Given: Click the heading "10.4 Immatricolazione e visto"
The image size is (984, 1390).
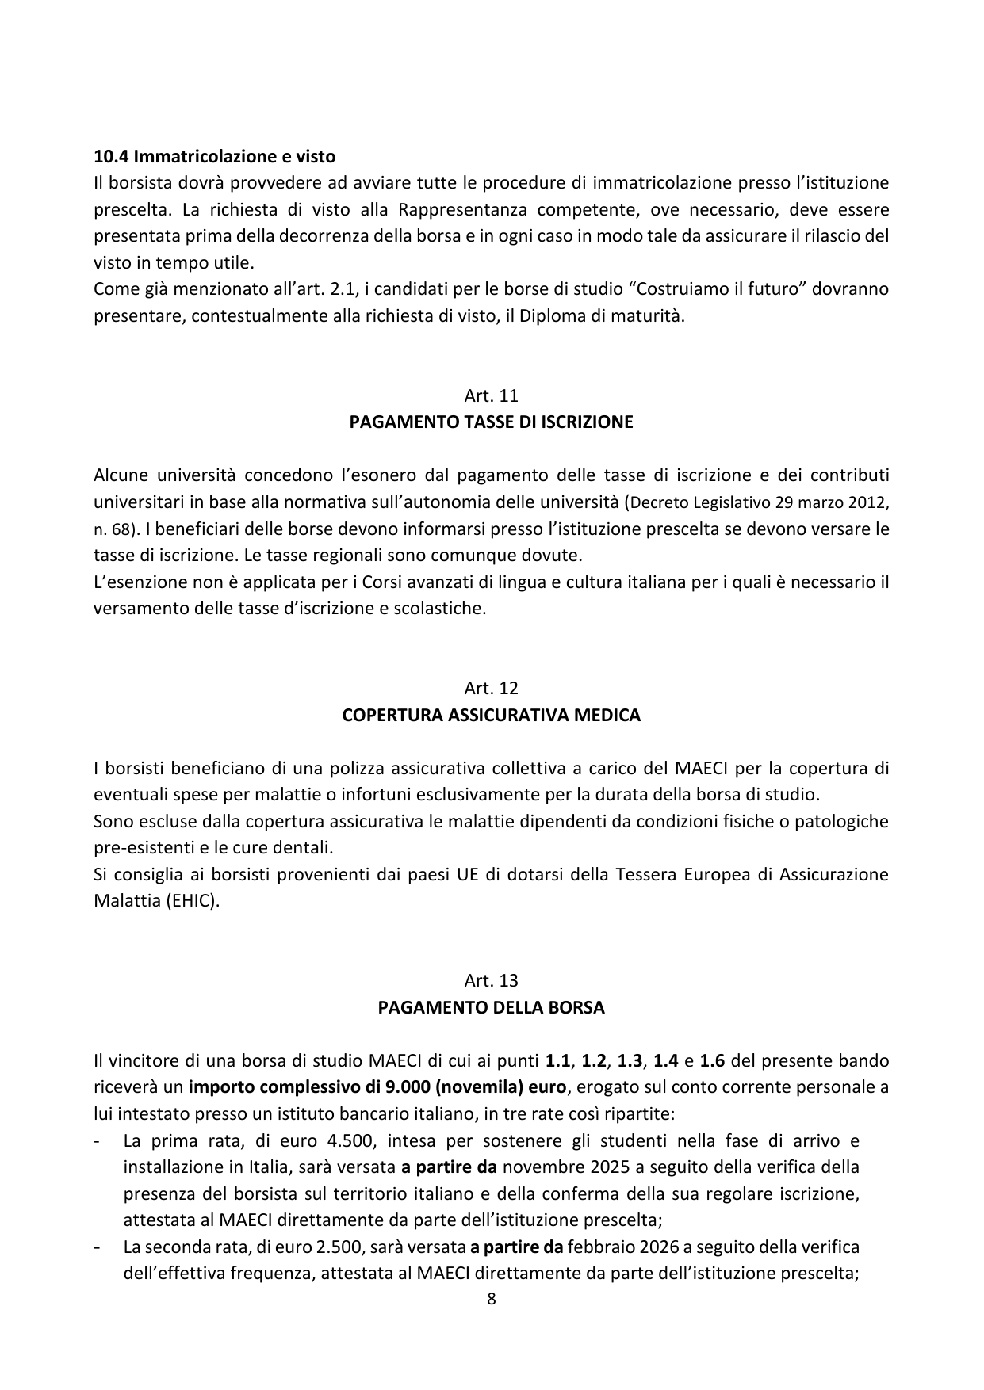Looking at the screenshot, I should (214, 156).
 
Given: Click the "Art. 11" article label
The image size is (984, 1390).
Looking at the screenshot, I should (492, 395).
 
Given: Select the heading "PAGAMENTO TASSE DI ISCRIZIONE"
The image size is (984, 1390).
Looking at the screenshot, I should (492, 422).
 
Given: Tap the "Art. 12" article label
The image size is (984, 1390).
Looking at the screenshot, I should (492, 688).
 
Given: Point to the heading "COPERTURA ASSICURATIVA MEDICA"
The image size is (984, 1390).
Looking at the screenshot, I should (492, 715).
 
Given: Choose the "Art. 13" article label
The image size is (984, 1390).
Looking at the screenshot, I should (492, 980).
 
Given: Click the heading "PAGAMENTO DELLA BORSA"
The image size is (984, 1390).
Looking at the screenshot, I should (492, 1008).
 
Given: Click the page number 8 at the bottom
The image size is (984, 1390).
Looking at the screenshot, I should (492, 1299).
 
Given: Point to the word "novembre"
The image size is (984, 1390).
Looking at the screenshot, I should (536, 1167).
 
